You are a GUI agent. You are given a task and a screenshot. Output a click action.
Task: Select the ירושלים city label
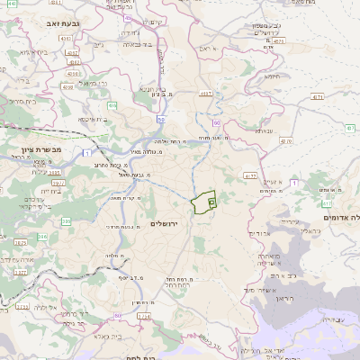167,223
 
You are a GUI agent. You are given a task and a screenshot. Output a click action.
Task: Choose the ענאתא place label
263,131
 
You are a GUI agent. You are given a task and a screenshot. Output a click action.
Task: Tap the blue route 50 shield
161,118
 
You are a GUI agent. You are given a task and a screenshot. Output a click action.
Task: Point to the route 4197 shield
206,94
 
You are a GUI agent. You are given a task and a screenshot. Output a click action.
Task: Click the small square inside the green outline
211,203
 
